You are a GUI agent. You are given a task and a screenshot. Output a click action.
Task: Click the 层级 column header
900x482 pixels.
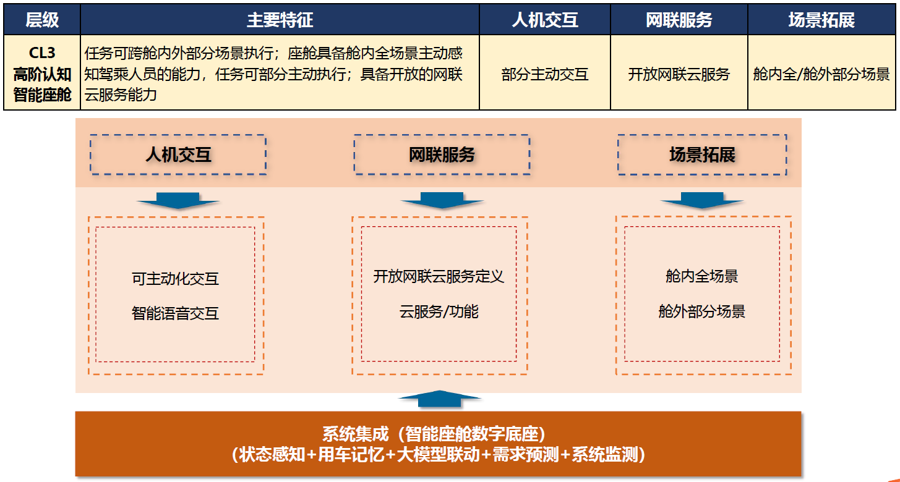[x=42, y=20]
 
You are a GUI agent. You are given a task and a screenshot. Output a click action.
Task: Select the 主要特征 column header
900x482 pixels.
[x=280, y=20]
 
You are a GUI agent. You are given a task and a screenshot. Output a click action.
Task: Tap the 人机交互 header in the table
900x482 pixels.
[x=545, y=20]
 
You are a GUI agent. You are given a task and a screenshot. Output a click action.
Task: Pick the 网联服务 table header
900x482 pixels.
[x=679, y=20]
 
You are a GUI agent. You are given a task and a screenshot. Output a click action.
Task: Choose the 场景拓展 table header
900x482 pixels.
[x=821, y=20]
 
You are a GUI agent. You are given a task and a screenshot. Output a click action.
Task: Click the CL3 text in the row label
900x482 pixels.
[x=42, y=53]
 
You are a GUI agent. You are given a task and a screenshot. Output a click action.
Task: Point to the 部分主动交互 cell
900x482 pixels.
[x=545, y=75]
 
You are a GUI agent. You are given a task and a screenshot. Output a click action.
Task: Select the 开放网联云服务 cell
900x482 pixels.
[x=679, y=75]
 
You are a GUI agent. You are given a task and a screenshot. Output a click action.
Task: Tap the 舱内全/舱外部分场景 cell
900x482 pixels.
[x=821, y=75]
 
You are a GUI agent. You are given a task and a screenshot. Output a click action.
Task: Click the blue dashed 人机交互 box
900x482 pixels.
[x=178, y=154]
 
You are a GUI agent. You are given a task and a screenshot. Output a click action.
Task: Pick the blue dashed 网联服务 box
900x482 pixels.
[x=442, y=154]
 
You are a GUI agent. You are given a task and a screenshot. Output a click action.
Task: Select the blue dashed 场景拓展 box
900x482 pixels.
[x=702, y=154]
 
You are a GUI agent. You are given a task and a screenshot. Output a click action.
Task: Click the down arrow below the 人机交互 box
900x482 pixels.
[x=178, y=200]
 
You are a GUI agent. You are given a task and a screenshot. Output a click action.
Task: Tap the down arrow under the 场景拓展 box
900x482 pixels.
[x=702, y=200]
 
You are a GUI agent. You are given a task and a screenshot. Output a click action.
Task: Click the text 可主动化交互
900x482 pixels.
[x=175, y=279]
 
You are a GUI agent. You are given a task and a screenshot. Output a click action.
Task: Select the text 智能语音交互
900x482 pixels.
[x=175, y=313]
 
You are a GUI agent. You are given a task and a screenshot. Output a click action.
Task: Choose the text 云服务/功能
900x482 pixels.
[x=439, y=311]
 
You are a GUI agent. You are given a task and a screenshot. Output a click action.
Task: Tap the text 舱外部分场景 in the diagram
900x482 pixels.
[x=701, y=311]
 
